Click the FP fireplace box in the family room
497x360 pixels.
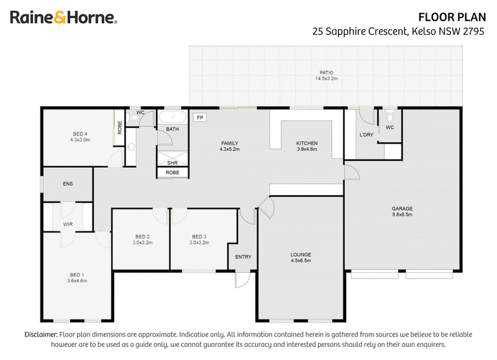(199, 118)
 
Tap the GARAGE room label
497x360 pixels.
(402, 209)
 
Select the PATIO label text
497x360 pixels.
(326, 73)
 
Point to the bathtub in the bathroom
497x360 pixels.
(172, 117)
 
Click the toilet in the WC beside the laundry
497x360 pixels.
(390, 116)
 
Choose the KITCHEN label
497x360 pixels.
(307, 144)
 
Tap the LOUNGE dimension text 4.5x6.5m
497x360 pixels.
(301, 261)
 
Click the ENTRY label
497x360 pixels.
(243, 257)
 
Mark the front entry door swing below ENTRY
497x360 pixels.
(242, 280)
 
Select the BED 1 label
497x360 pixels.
(77, 275)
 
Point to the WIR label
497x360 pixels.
(68, 224)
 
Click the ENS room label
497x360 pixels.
(68, 183)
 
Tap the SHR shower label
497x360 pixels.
(173, 163)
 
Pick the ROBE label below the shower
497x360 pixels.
(173, 173)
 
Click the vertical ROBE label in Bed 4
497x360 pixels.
(120, 127)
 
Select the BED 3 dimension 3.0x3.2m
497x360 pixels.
(199, 242)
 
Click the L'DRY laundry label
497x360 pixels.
(367, 135)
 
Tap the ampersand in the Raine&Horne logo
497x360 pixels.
(60, 17)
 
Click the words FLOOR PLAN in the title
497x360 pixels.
(452, 17)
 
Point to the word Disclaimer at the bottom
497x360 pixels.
(41, 335)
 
